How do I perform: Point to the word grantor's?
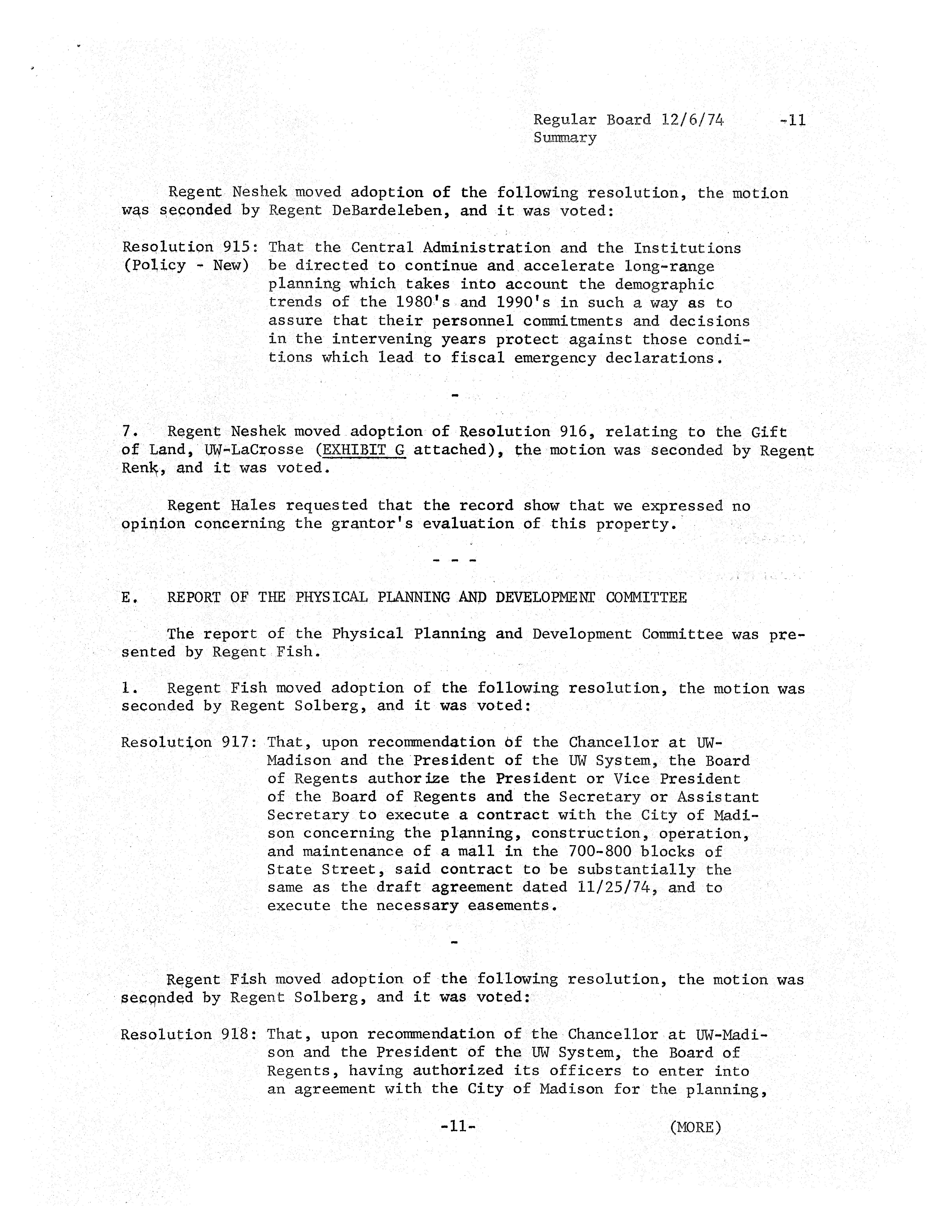coord(372,524)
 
